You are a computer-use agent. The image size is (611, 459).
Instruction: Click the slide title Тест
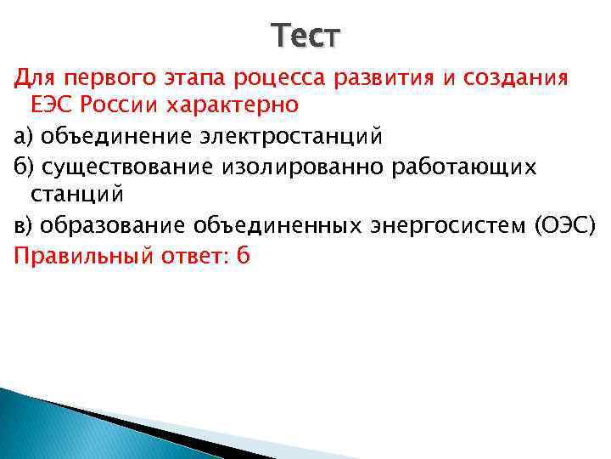click(x=305, y=37)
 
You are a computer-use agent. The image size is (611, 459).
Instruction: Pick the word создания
click(x=528, y=78)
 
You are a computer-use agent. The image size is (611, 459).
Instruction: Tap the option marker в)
click(x=22, y=227)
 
